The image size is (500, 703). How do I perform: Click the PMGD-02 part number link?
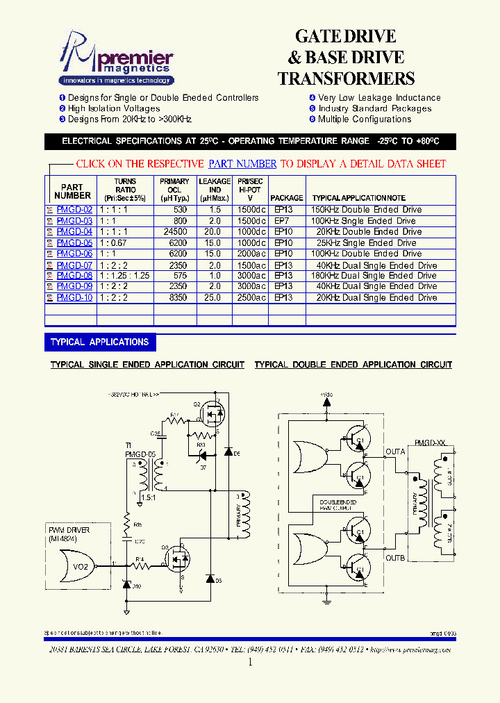coord(74,210)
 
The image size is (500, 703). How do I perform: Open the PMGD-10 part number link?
coord(74,297)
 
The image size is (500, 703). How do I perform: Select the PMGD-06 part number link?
coord(74,254)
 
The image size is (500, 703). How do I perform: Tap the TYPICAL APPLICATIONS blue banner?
coord(100,342)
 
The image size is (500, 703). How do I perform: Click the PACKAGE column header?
coord(287,198)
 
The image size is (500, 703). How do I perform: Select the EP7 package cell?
coord(281,221)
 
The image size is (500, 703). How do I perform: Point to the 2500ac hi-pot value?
coord(251,297)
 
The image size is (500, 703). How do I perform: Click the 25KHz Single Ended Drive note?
coord(366,242)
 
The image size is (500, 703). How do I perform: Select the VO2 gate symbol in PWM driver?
coord(81,566)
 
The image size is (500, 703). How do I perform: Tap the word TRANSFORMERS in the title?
coord(346,78)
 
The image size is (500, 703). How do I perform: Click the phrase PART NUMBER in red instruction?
coord(242,164)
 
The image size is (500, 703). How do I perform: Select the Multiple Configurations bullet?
coord(365,119)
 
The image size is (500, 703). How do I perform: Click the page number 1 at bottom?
coord(250,662)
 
